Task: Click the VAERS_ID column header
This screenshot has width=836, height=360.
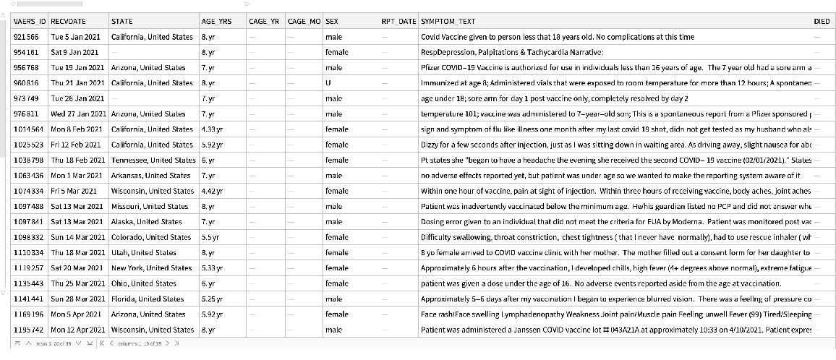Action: coord(30,22)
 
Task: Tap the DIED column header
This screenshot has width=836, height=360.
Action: coord(822,22)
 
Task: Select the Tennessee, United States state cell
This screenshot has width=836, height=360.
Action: coord(153,160)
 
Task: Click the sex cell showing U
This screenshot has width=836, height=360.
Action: coord(328,83)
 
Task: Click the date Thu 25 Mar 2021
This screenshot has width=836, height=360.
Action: coord(78,283)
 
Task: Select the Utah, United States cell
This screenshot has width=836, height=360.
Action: coord(144,253)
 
